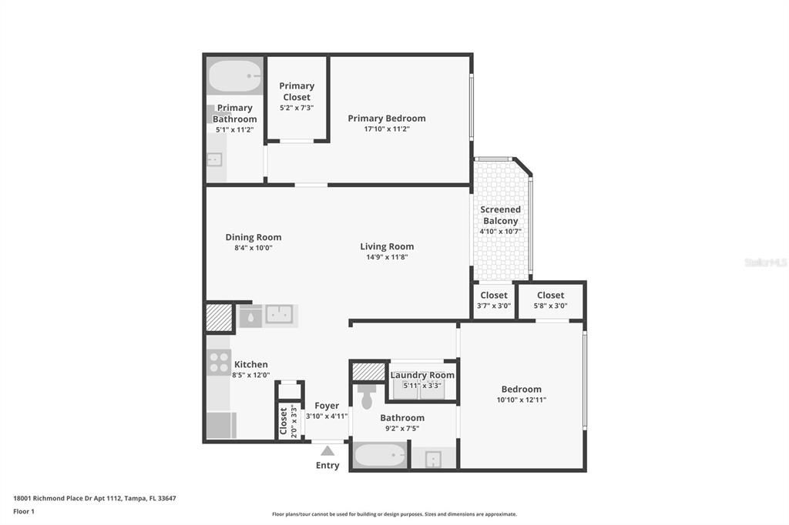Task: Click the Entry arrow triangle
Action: pos(327,450)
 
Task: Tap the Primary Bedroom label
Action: pos(387,119)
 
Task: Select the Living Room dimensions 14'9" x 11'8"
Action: pos(387,257)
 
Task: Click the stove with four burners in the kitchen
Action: pos(220,362)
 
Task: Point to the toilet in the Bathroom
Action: pos(366,396)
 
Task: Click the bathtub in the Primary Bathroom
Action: pos(235,76)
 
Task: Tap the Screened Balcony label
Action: pos(500,216)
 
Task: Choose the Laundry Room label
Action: pos(422,375)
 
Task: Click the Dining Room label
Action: pos(253,237)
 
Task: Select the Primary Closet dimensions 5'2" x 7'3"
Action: pos(297,108)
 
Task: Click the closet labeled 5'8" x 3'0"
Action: pos(550,300)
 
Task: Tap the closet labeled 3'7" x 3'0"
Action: pos(494,300)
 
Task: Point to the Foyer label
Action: pos(327,406)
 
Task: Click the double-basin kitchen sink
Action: pos(279,314)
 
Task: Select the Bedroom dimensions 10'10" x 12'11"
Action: pos(522,400)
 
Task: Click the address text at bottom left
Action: pos(95,498)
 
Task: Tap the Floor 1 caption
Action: pos(24,511)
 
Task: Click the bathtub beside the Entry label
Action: pos(380,456)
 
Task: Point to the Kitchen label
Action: pos(250,364)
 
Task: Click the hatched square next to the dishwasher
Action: pos(220,317)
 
